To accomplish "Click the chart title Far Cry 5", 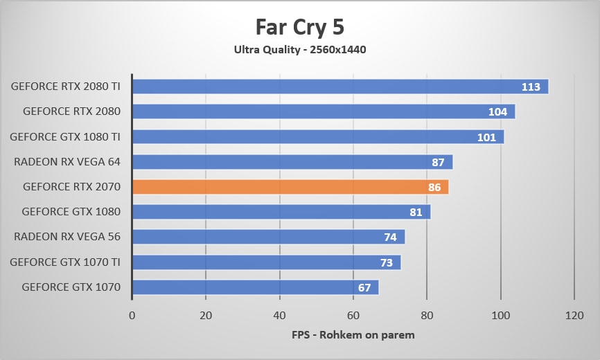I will point(299,27).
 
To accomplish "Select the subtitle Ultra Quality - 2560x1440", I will point(299,49).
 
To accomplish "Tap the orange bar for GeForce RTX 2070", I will point(277,187).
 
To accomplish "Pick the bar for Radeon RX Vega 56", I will point(263,237).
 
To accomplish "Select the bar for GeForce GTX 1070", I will point(249,287).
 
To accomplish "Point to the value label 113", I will point(531,87).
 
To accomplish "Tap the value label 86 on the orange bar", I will point(434,187).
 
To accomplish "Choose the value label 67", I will point(364,287).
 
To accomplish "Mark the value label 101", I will point(486,137).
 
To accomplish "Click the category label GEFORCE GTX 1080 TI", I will point(65,137).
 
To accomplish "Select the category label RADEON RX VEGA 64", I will point(67,162).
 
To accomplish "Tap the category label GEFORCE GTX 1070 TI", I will point(65,262).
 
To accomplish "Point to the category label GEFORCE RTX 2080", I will point(71,111).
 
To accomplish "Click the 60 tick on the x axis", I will point(353,315).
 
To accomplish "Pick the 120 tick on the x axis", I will point(574,315).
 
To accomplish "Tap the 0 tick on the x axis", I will point(132,315).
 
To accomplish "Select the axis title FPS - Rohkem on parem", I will point(353,336).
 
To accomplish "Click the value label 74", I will point(390,237).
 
